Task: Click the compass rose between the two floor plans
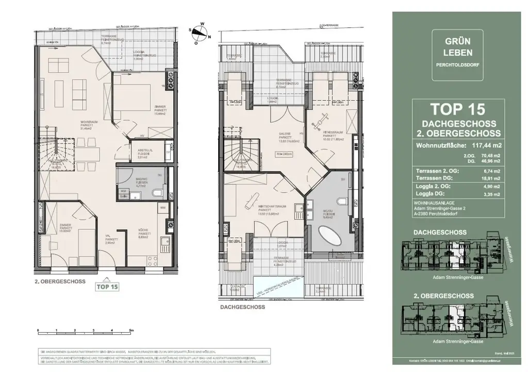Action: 199,32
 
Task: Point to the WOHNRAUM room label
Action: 86,122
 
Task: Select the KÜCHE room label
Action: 143,232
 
